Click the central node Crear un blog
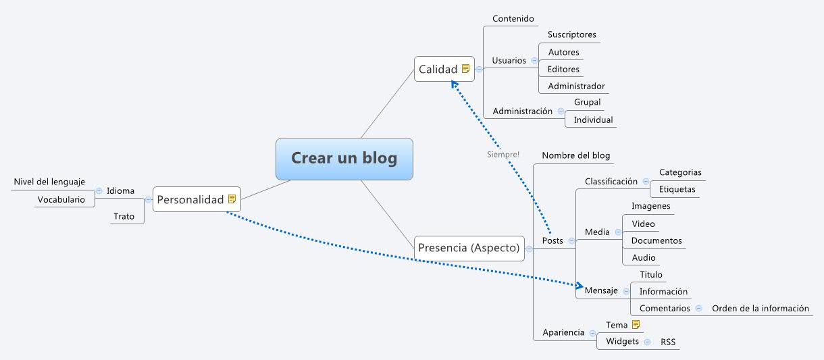tap(344, 159)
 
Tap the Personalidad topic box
tap(190, 199)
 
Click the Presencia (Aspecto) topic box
tap(469, 248)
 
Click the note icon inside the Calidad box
tap(465, 69)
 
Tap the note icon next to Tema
tap(636, 325)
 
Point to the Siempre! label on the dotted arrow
tap(503, 155)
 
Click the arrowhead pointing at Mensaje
tap(578, 284)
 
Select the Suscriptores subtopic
tap(571, 34)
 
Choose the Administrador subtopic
tap(576, 86)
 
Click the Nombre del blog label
tap(575, 155)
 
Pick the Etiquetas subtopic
tap(677, 189)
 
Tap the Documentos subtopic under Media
tap(656, 240)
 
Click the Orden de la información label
tap(760, 308)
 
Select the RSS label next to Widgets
tap(668, 342)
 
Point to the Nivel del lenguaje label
tap(49, 182)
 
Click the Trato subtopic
tap(124, 216)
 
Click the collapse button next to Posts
tap(571, 241)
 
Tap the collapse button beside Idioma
tap(99, 190)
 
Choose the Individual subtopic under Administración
tap(593, 120)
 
